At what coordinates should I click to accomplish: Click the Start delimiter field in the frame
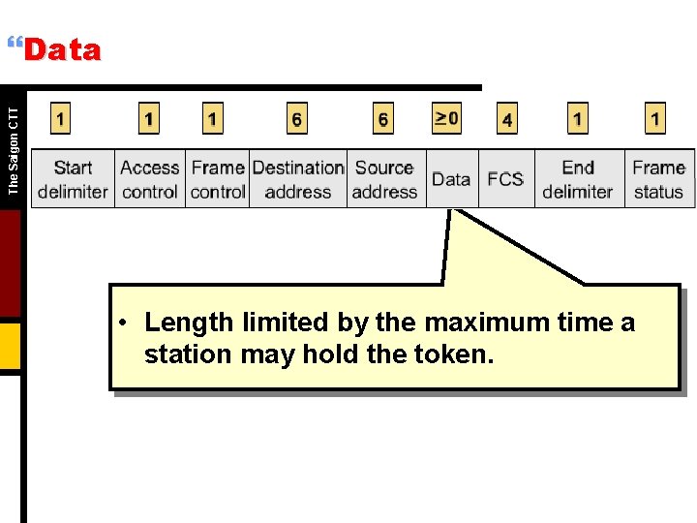pos(73,179)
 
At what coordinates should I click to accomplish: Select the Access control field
pos(150,179)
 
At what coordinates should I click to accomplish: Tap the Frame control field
pos(218,179)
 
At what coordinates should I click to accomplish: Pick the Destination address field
pos(298,179)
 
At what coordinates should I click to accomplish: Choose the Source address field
pos(384,179)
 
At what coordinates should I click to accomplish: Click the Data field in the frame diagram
pos(451,179)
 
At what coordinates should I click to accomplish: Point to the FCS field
pos(505,179)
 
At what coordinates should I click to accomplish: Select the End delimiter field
pos(578,179)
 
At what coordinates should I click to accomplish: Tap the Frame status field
pos(658,179)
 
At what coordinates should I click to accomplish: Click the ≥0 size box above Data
pos(446,119)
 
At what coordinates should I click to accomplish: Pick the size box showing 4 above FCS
pos(507,119)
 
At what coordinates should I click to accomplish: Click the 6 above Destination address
pos(296,119)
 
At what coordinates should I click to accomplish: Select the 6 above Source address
pos(383,119)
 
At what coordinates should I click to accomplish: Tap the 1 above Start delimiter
pos(61,119)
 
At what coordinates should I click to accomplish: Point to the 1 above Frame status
pos(655,119)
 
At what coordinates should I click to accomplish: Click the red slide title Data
pos(62,50)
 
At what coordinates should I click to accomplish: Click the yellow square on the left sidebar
pos(10,347)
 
